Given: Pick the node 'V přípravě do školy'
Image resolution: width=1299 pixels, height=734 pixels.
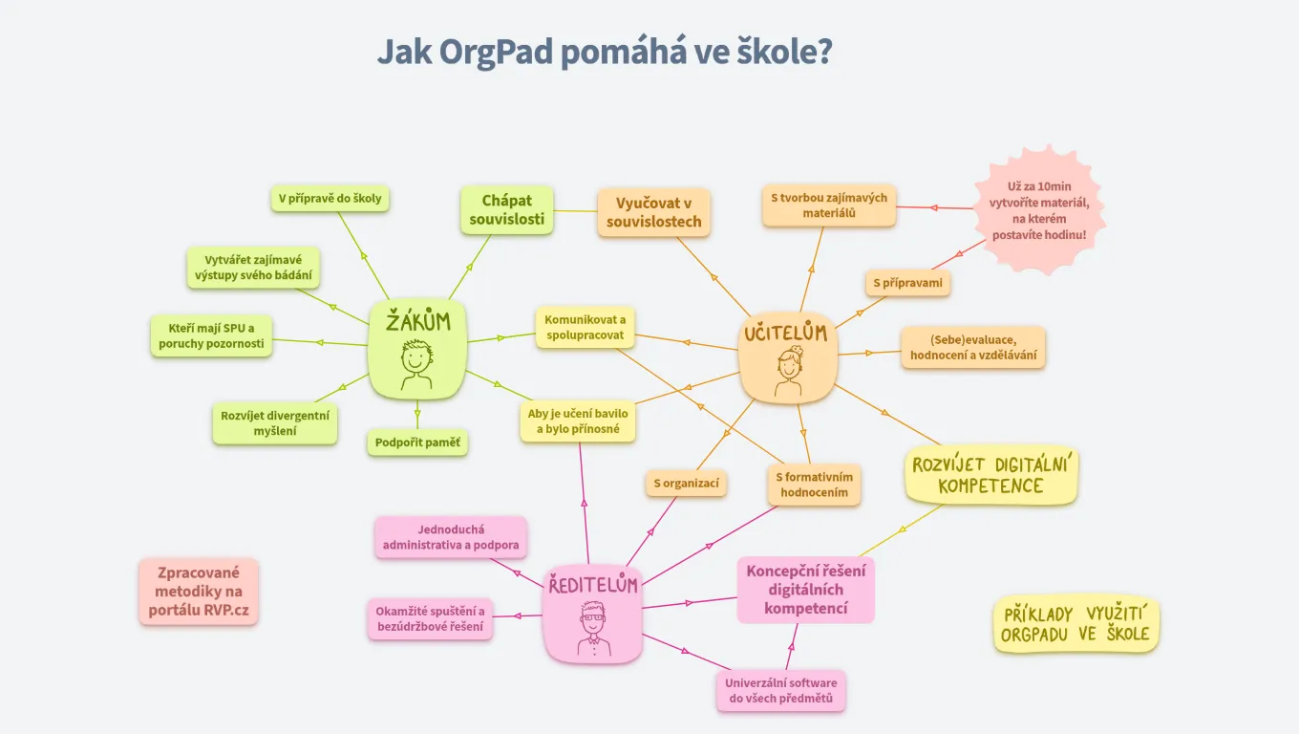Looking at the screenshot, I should click(x=330, y=199).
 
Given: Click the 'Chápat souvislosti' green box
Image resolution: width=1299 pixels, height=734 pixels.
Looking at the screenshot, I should click(x=506, y=209).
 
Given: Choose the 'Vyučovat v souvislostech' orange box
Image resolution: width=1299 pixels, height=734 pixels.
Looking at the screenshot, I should click(x=654, y=212).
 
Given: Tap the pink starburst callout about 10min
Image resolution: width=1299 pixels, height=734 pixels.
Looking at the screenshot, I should click(x=1040, y=211).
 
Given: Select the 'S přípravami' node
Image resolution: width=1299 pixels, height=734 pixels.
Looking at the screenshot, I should click(x=907, y=283).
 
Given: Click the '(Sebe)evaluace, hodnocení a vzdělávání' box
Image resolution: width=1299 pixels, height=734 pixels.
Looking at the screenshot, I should click(x=973, y=348).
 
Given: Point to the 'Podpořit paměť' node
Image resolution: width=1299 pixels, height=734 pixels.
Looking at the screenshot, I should click(x=417, y=443).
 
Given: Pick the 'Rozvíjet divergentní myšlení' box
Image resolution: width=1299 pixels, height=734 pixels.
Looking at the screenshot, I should click(x=274, y=423).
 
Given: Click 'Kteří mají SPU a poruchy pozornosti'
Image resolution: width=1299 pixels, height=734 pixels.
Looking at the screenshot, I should click(x=211, y=335).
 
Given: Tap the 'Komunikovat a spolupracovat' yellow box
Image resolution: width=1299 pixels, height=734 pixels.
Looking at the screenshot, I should click(x=585, y=327).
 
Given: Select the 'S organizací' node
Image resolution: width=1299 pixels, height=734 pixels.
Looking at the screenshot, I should click(x=686, y=484).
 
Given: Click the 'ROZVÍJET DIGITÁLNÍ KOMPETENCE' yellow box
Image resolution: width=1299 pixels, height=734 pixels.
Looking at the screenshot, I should click(x=990, y=475).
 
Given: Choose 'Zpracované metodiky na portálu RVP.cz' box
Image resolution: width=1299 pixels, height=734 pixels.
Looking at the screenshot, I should click(x=198, y=592).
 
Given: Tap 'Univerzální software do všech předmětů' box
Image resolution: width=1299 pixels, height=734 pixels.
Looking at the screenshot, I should click(x=780, y=691).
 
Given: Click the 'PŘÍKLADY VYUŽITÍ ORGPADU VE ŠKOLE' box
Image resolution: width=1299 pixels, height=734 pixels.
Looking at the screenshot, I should click(x=1075, y=625).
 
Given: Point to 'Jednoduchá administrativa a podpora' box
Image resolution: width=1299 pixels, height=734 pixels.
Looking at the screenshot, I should click(x=451, y=537).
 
